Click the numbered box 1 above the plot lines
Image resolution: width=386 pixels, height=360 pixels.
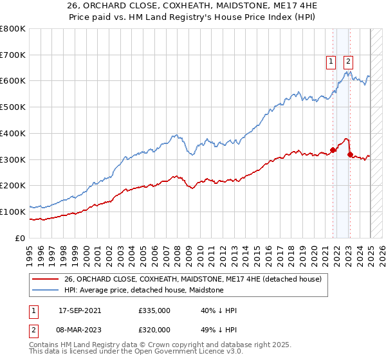331,62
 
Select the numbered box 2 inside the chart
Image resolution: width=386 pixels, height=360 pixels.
348,62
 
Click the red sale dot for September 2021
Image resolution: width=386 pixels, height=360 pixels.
333,150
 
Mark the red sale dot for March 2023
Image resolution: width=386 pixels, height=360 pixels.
350,154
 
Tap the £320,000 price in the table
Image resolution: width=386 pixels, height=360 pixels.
154,329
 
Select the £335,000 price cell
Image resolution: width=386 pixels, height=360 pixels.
154,310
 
